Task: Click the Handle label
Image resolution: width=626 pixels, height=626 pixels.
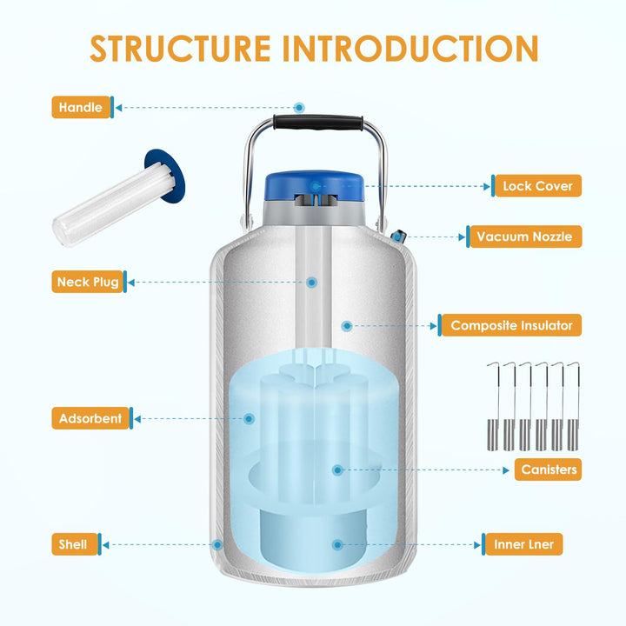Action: tap(81, 108)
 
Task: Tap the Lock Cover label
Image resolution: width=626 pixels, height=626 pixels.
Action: tap(536, 186)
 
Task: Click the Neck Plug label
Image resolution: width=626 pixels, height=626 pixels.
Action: tap(88, 282)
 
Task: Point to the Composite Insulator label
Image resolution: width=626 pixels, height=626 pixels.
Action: tap(511, 325)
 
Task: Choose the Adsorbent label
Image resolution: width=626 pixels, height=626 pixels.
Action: tap(90, 418)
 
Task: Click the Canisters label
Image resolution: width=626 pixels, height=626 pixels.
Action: tap(549, 469)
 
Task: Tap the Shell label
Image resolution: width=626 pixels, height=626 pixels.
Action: tap(73, 544)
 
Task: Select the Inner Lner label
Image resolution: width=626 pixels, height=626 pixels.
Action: tap(523, 544)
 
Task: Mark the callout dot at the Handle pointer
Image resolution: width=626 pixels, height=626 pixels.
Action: tap(299, 108)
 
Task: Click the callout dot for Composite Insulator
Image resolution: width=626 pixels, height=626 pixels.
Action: tap(347, 326)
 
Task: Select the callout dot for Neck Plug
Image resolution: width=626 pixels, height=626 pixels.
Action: tap(310, 282)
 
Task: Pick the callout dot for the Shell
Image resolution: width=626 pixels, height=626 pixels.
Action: tap(218, 544)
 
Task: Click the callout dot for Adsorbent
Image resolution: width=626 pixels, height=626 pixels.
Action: tap(250, 418)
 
